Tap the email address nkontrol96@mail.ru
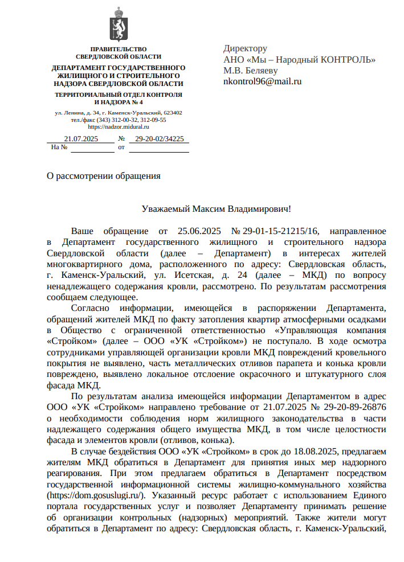coord(262,81)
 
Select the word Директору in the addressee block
coord(245,49)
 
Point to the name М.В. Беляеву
coord(250,71)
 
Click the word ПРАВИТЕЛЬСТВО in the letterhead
coord(119,50)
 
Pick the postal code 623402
coord(173,113)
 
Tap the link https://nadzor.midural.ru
coord(119,126)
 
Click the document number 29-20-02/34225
coord(159,139)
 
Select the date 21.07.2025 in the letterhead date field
coord(81,139)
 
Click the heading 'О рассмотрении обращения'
coord(103,175)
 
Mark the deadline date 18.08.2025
coord(316,452)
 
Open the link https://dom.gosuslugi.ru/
coord(96,495)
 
